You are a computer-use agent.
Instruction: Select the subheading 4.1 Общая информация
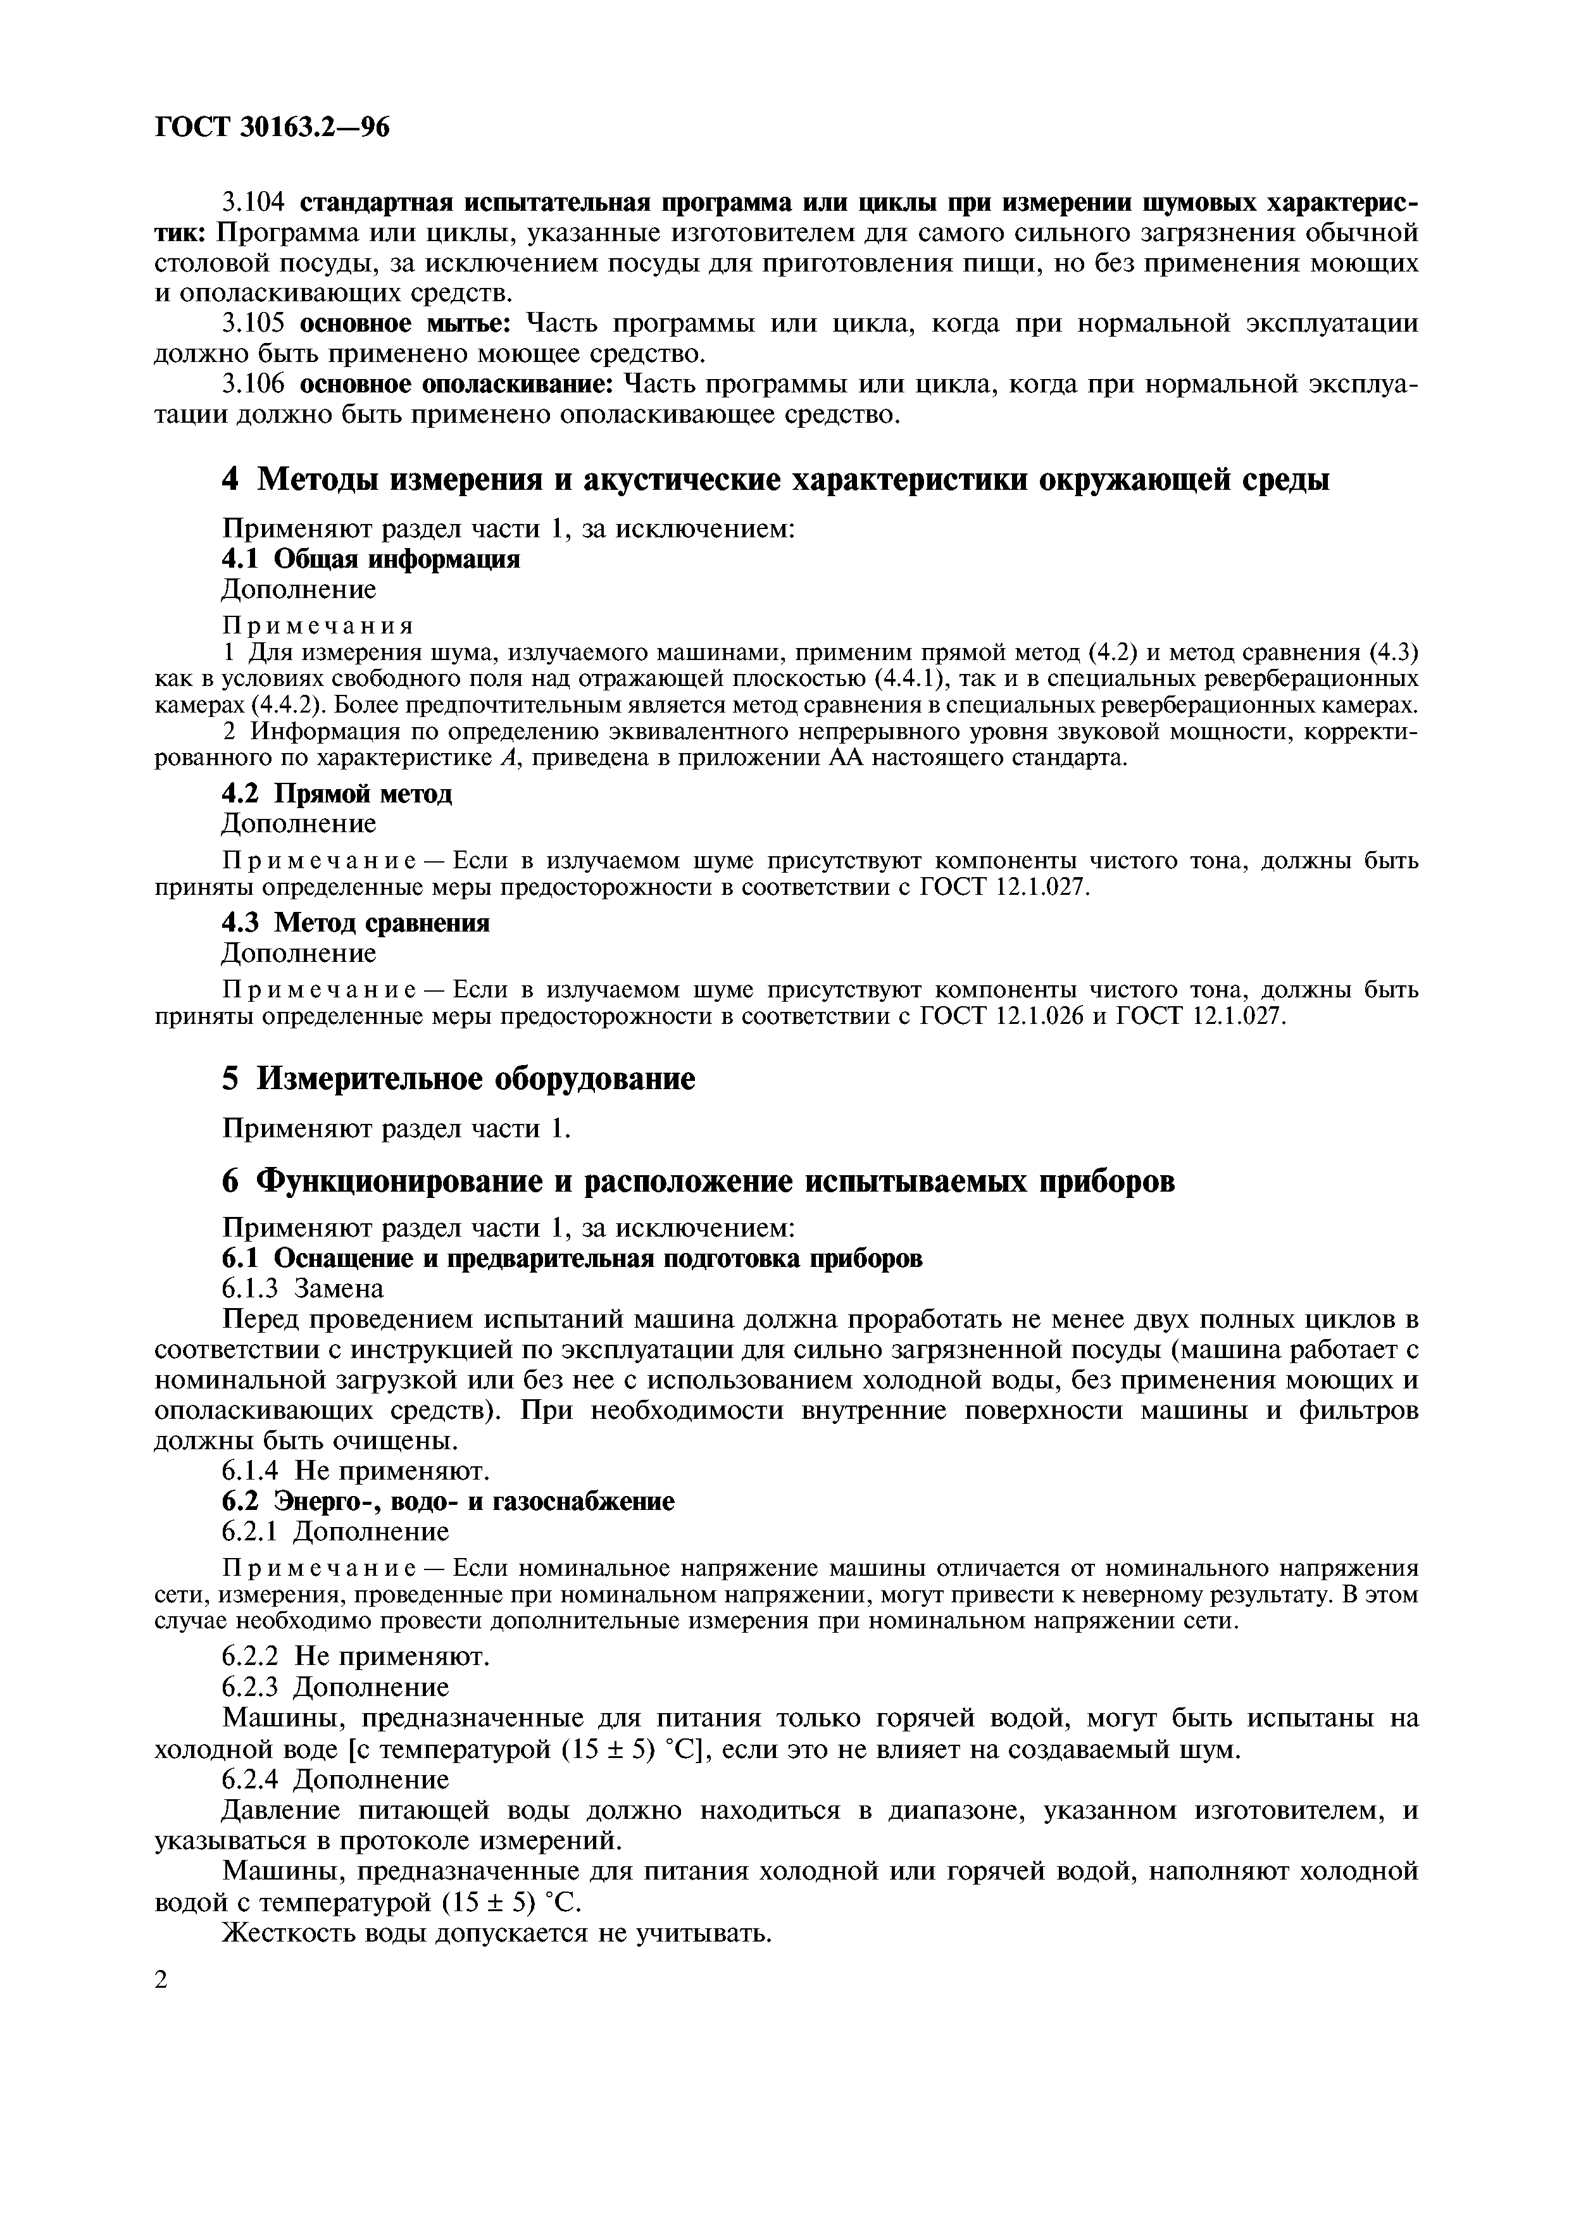pos(372,559)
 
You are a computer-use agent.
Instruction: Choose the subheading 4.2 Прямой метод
pos(337,794)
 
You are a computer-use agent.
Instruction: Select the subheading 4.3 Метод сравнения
pos(356,923)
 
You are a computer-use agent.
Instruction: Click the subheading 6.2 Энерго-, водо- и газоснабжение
pos(447,1502)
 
